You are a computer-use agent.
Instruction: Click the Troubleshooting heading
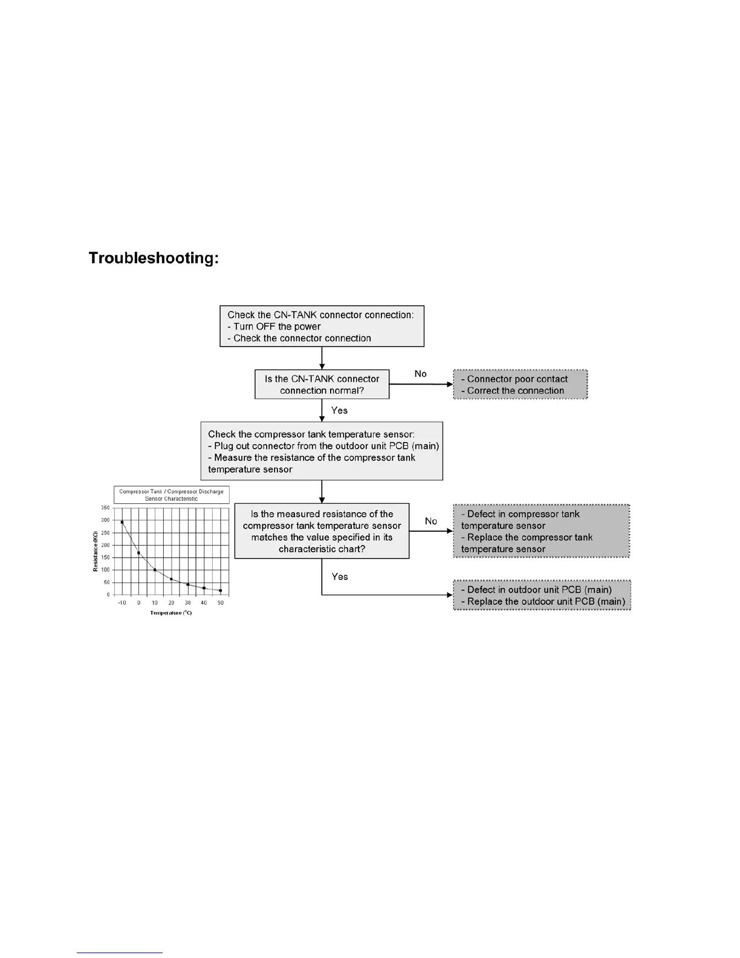click(x=154, y=258)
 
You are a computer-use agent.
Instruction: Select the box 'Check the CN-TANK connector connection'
click(x=322, y=327)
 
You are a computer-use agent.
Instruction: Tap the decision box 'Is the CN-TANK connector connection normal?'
click(x=322, y=385)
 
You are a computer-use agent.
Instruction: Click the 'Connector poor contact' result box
click(x=520, y=385)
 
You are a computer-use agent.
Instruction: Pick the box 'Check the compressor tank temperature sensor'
click(x=322, y=451)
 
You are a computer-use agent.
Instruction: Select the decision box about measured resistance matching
click(x=322, y=531)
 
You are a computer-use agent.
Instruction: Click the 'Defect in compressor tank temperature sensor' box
click(x=541, y=531)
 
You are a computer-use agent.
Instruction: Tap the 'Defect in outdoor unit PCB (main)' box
click(x=542, y=595)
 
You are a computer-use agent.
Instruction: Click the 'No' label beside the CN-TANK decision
click(x=420, y=374)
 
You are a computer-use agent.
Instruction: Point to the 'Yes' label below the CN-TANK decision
click(x=339, y=411)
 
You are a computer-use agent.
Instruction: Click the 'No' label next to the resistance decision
click(x=430, y=521)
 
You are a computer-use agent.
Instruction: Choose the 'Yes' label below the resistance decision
click(x=340, y=576)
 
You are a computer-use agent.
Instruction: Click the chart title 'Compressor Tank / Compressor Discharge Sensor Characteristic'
click(x=171, y=495)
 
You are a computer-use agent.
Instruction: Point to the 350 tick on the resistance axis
click(x=105, y=508)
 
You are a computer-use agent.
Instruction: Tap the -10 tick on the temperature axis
click(x=122, y=603)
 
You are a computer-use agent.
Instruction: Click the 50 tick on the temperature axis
click(x=221, y=603)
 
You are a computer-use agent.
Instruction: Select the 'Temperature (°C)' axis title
click(x=171, y=613)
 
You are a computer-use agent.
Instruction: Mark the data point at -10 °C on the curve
click(x=122, y=522)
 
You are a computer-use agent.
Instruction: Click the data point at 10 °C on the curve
click(x=155, y=570)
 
